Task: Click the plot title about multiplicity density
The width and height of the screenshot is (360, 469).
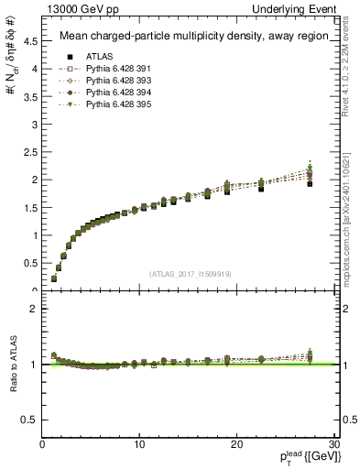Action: click(189, 37)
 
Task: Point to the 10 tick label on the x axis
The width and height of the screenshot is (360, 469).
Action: click(139, 444)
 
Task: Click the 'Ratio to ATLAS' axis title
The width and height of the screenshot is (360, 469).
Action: click(12, 364)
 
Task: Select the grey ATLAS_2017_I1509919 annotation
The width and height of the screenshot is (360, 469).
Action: click(189, 273)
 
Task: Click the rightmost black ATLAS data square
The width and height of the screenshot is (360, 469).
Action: click(310, 183)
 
